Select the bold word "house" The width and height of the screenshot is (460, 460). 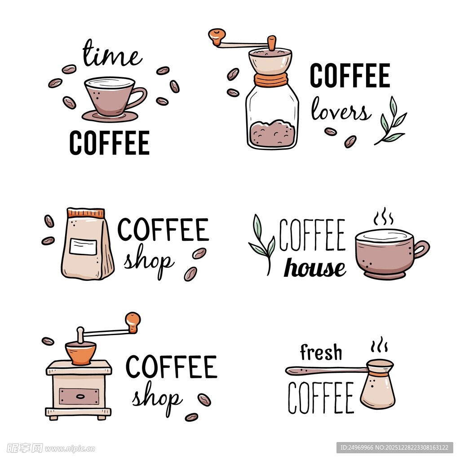point(315,268)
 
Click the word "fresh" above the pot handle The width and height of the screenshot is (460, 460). point(321,352)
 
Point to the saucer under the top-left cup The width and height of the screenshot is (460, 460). point(110,116)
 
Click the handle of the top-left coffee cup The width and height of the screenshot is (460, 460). point(138,97)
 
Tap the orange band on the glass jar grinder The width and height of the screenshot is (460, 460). point(271,80)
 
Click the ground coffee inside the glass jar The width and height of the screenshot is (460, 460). point(272,133)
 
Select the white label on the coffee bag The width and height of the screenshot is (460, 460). point(83,247)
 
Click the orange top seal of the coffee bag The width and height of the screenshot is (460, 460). point(86,212)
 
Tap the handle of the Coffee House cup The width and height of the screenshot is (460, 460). point(421,250)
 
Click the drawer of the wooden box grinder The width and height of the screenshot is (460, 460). point(79,396)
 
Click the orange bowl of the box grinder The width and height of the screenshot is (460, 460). point(81,353)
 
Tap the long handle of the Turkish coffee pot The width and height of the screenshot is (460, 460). point(326,370)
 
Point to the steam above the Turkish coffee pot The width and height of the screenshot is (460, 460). point(379,344)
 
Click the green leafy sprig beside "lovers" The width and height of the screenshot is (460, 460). point(390,121)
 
